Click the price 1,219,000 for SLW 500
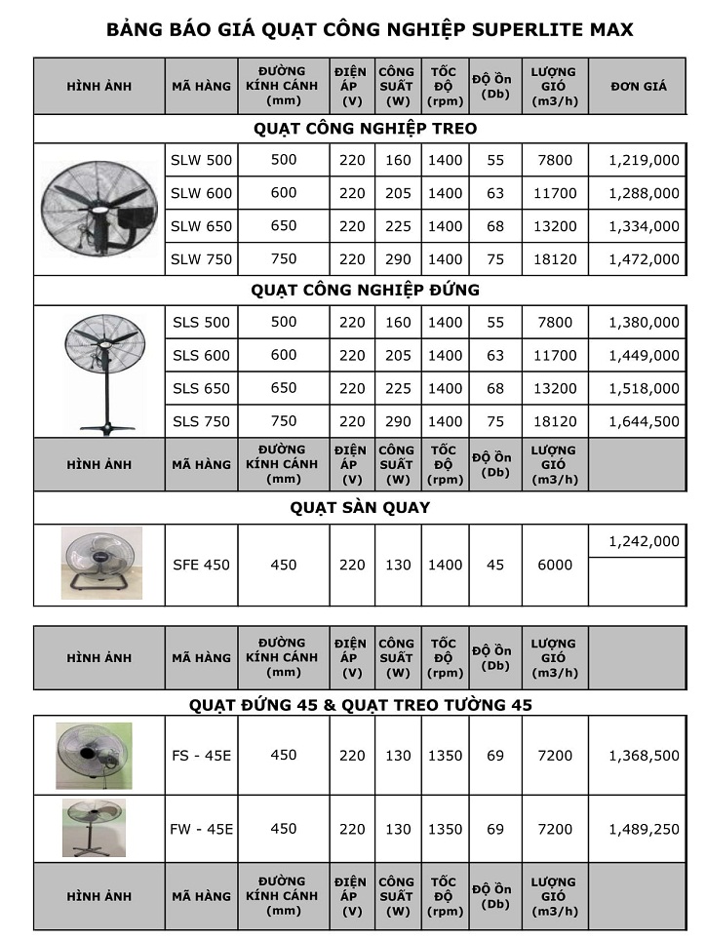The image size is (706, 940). (644, 160)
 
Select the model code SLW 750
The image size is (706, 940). (201, 259)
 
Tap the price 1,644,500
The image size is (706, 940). (644, 421)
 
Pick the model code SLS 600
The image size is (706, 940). (201, 355)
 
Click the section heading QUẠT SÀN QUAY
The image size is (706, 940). (360, 507)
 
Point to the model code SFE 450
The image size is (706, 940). (201, 565)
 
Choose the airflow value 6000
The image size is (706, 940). (555, 565)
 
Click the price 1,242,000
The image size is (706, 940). (644, 542)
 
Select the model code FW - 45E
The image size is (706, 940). (201, 829)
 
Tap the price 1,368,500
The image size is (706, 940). (644, 755)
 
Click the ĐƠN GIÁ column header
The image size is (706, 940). (639, 86)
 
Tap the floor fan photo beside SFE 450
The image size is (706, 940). (99, 564)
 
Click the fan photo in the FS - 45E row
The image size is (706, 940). (94, 755)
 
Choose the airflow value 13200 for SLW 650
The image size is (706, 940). (555, 226)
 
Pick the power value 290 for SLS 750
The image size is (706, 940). (398, 421)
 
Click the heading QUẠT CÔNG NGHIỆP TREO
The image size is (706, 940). (365, 129)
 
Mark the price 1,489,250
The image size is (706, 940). (644, 829)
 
